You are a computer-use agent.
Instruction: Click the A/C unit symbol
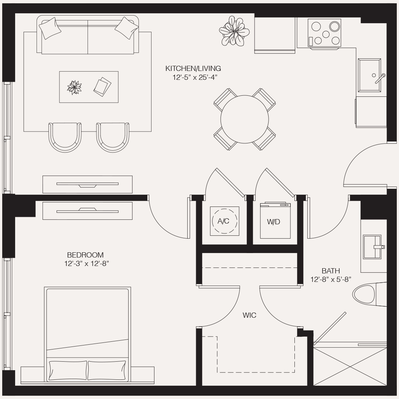click(224, 221)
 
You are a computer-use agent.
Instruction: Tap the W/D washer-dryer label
click(273, 222)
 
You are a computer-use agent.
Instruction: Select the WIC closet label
click(249, 315)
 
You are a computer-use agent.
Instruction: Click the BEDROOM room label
click(85, 255)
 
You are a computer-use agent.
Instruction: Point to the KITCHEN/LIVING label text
click(193, 68)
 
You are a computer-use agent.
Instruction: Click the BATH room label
click(331, 271)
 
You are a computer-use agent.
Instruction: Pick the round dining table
click(244, 119)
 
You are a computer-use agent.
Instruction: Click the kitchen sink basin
click(369, 75)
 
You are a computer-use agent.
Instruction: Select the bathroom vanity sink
click(372, 246)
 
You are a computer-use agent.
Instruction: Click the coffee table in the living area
click(89, 87)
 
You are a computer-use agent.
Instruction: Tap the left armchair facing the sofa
click(65, 137)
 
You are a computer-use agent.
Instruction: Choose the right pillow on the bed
click(107, 370)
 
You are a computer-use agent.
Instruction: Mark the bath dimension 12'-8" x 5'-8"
click(331, 280)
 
